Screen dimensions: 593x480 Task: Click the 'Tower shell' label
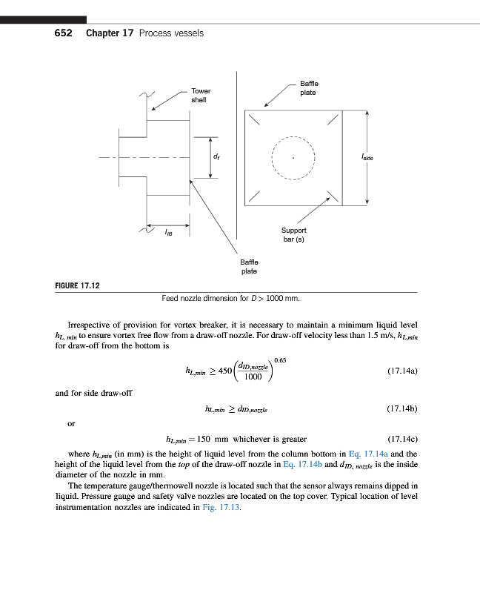tap(199, 95)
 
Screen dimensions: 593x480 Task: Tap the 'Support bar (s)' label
tap(293, 235)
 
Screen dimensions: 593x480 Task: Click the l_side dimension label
tap(367, 158)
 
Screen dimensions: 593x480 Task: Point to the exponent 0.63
tap(281, 360)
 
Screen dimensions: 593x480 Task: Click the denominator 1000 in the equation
tap(254, 377)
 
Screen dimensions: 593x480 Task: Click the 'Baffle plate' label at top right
tap(308, 88)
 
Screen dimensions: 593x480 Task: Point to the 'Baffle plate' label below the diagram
tap(249, 266)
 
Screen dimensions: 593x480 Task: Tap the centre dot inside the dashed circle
tap(294, 158)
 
